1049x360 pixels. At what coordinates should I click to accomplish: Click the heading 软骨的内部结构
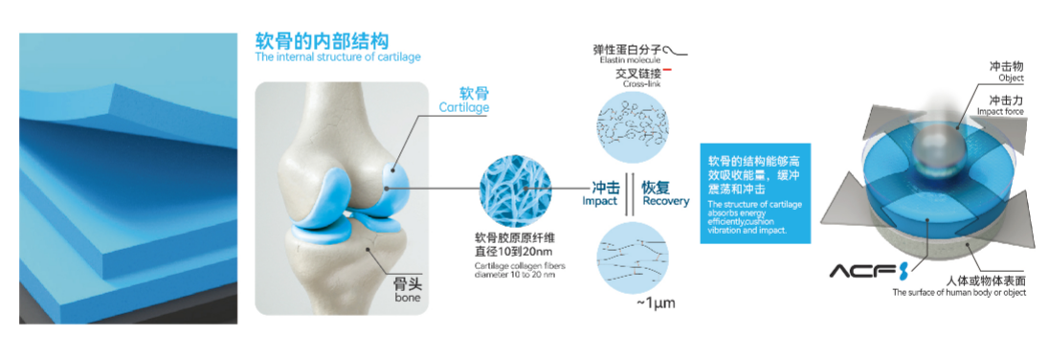point(322,41)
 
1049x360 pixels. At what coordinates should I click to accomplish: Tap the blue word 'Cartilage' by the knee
point(463,108)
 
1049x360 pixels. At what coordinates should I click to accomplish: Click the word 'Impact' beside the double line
point(600,201)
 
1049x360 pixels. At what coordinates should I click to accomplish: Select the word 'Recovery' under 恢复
point(665,201)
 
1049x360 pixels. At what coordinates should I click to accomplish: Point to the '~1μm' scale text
point(658,304)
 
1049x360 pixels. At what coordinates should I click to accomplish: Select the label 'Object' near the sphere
point(1011,78)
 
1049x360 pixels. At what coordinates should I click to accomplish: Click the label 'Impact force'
point(1001,111)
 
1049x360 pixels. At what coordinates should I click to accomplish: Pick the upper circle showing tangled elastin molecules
point(629,125)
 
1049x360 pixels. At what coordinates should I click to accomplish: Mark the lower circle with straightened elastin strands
point(629,257)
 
